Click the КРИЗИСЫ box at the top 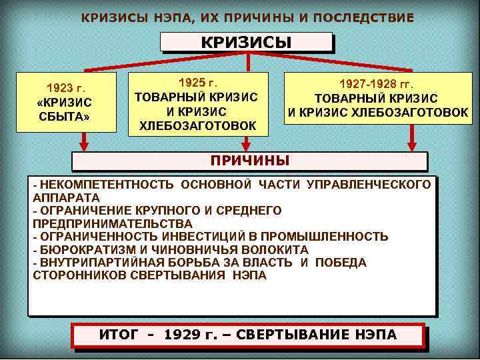246,42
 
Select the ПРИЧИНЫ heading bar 249,161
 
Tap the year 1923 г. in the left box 65,87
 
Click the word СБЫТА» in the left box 65,117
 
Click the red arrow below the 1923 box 85,141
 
